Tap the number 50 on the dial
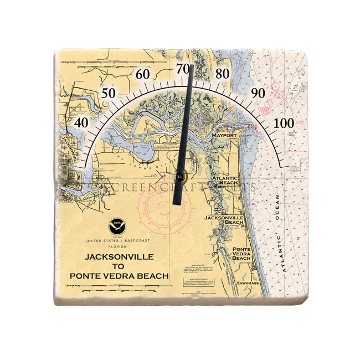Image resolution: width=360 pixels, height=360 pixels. pyautogui.click(x=108, y=92)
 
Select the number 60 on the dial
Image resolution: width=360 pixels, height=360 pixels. pyautogui.click(x=143, y=74)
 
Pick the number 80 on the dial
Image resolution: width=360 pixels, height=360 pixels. pyautogui.click(x=223, y=74)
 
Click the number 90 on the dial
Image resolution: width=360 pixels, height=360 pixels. pyautogui.click(x=258, y=93)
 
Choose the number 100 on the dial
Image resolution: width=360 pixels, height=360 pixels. pyautogui.click(x=285, y=122)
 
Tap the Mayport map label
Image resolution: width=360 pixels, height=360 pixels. pyautogui.click(x=224, y=135)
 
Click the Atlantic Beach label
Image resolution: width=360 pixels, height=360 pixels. pyautogui.click(x=228, y=180)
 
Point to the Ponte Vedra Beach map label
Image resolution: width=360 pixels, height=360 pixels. pyautogui.click(x=241, y=254)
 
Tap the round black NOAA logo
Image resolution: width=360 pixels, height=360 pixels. pyautogui.click(x=116, y=225)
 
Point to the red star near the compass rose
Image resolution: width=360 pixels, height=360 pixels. pyautogui.click(x=164, y=176)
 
